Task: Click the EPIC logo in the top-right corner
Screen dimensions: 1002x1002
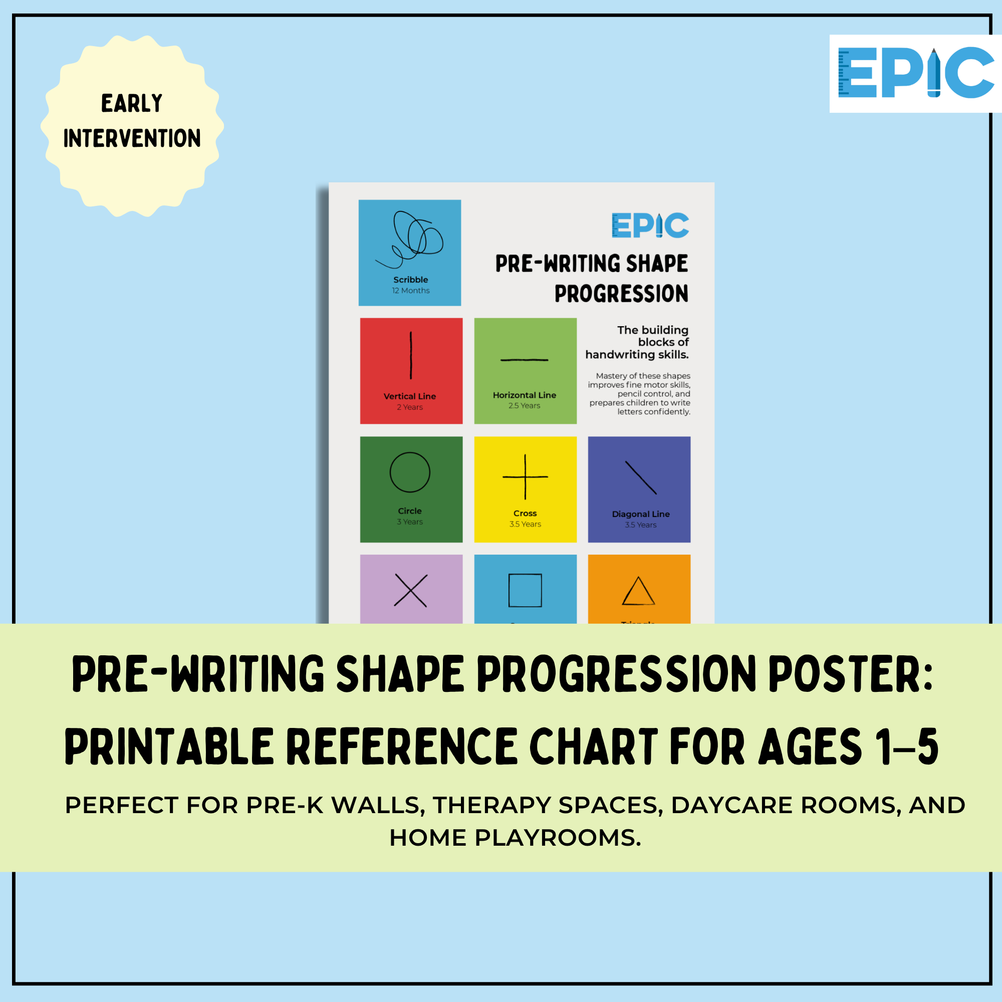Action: pos(915,74)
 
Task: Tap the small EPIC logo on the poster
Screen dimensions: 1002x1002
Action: pos(650,225)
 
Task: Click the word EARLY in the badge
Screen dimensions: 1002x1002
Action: pos(132,103)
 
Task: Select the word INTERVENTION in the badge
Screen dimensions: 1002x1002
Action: pos(132,138)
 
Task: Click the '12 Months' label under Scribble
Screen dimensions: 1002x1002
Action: pos(411,291)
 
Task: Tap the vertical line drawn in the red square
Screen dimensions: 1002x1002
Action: pos(411,355)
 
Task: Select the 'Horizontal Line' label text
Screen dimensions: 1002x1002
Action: pos(525,395)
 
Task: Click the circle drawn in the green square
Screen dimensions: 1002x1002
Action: pos(410,472)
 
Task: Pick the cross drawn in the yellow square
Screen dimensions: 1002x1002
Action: pos(526,476)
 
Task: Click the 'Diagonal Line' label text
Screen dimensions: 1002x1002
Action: pos(640,514)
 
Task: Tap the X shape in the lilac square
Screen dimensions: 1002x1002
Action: pos(410,590)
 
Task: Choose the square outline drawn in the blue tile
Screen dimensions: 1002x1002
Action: pos(525,590)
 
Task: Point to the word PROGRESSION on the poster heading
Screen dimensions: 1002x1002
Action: pos(621,294)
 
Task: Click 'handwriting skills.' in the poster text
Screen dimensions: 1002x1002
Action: pos(637,355)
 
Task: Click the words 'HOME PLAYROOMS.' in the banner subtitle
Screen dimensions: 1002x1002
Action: pos(515,838)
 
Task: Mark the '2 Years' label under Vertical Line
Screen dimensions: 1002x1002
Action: pos(410,407)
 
